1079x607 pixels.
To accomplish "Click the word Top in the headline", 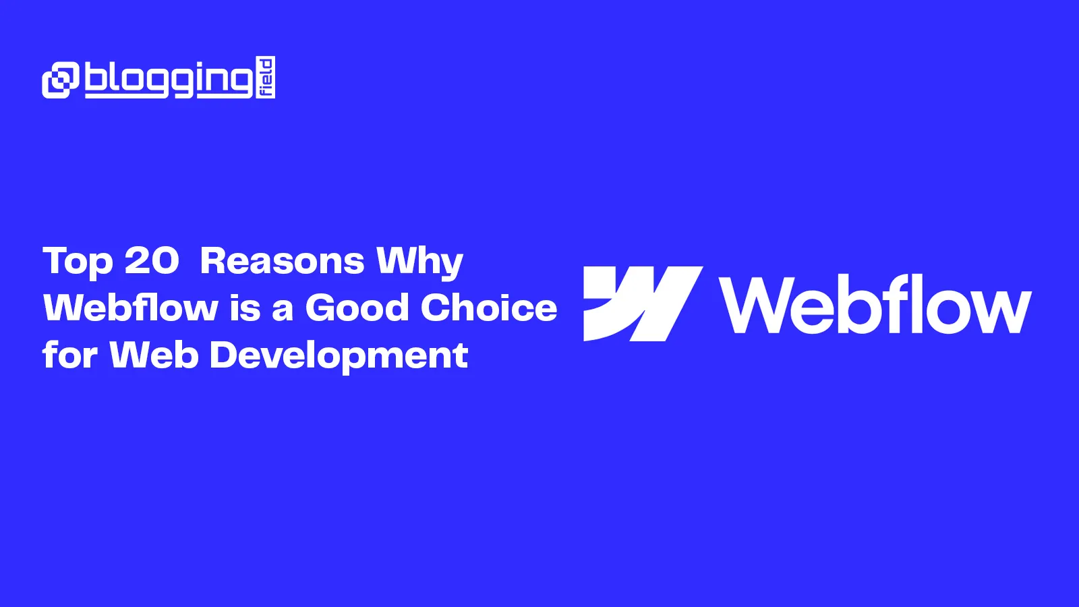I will pos(78,262).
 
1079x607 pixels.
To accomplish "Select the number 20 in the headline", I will pos(152,260).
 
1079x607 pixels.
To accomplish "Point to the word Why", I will pos(419,262).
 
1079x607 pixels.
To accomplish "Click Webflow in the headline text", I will pos(131,308).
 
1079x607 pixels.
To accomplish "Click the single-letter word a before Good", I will pos(283,310).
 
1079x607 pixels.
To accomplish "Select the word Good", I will pos(357,308).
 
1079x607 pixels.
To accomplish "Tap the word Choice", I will pos(489,308).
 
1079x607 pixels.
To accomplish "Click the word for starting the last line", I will pos(70,355).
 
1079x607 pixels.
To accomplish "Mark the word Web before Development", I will pos(154,355).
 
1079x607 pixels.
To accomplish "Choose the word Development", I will pos(339,356).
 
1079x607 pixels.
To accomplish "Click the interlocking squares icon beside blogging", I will pos(61,80).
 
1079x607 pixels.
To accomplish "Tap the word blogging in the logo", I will pos(169,80).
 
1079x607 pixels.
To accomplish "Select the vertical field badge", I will pos(266,78).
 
